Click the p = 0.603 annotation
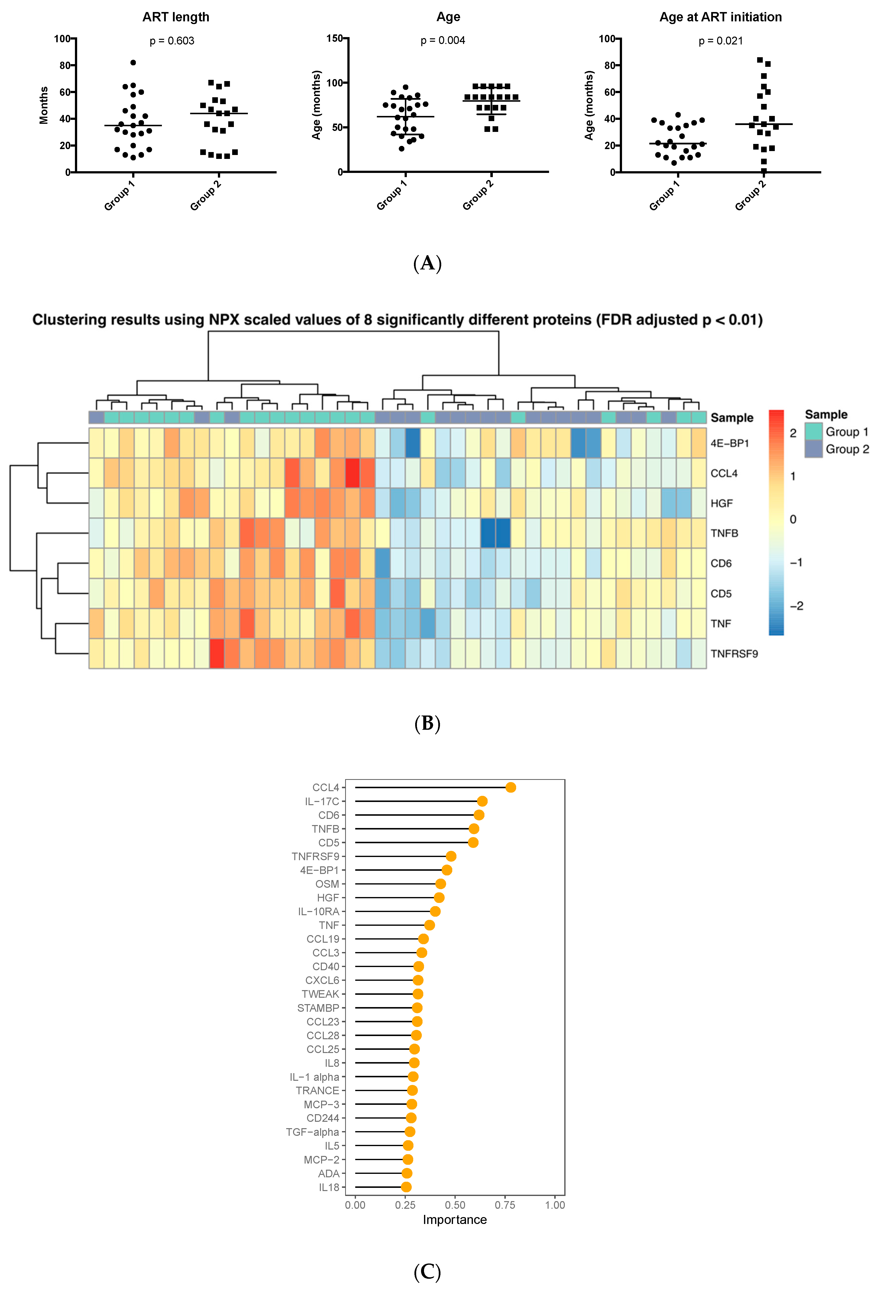point(172,41)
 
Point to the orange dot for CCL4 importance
point(510,787)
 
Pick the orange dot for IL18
point(406,1187)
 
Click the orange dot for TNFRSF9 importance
point(451,856)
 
